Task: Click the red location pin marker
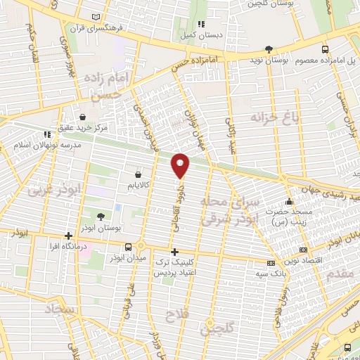[x=181, y=165]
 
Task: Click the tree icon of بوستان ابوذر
[x=101, y=217]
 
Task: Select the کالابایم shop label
[x=137, y=186]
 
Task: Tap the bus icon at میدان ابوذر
[x=128, y=247]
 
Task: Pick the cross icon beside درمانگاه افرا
[x=68, y=236]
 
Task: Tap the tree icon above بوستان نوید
[x=269, y=49]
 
